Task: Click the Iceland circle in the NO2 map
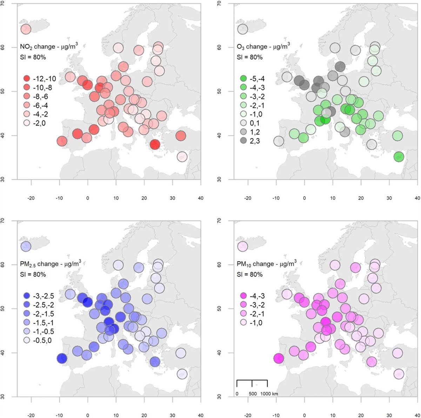point(26,29)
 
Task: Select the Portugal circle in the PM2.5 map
point(62,359)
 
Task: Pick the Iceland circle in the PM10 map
point(242,247)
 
